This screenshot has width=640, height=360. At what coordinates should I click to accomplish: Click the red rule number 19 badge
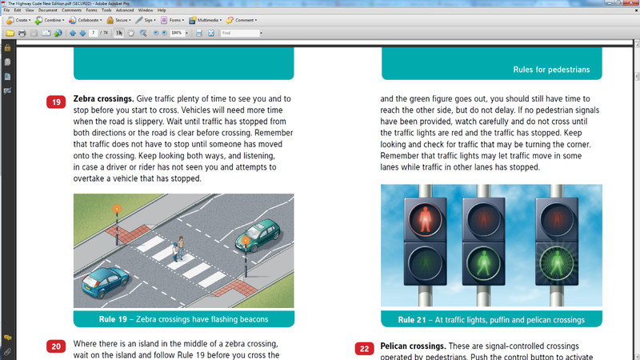pos(56,102)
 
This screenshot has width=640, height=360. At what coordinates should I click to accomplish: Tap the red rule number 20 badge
pos(56,346)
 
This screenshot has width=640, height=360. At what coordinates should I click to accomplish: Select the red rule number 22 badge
pos(364,349)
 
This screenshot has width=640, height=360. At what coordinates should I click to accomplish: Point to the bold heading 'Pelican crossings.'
pos(413,346)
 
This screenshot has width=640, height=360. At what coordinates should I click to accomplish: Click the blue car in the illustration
pos(109,281)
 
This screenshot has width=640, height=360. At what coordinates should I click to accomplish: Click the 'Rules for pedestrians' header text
pos(552,70)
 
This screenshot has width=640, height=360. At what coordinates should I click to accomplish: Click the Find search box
pos(240,33)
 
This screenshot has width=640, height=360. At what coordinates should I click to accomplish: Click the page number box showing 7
pos(94,33)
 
